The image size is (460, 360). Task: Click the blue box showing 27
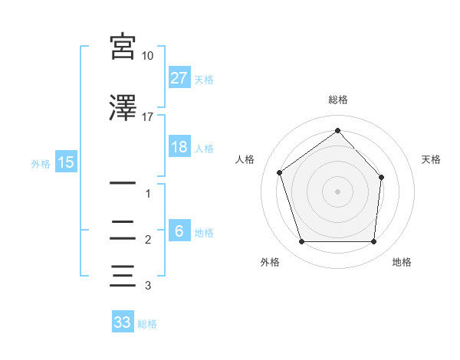click(179, 78)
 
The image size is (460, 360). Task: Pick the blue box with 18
click(179, 147)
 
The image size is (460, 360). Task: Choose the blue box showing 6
click(179, 231)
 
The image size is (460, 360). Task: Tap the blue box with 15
click(65, 162)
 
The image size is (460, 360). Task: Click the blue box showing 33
click(123, 322)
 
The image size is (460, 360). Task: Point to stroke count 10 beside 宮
click(148, 56)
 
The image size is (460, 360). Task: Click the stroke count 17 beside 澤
click(148, 117)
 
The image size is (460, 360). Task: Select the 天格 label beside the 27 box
click(204, 79)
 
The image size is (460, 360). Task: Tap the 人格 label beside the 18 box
click(204, 148)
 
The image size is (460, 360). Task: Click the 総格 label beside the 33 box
click(147, 323)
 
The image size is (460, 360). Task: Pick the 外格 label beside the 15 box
click(41, 162)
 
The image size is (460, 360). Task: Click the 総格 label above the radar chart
click(337, 100)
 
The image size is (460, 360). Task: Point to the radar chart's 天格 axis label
click(432, 159)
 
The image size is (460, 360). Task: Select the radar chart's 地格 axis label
click(402, 263)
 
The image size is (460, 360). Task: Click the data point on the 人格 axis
click(280, 172)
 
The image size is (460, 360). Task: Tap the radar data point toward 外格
click(301, 242)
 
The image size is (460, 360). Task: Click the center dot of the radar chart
click(337, 191)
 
